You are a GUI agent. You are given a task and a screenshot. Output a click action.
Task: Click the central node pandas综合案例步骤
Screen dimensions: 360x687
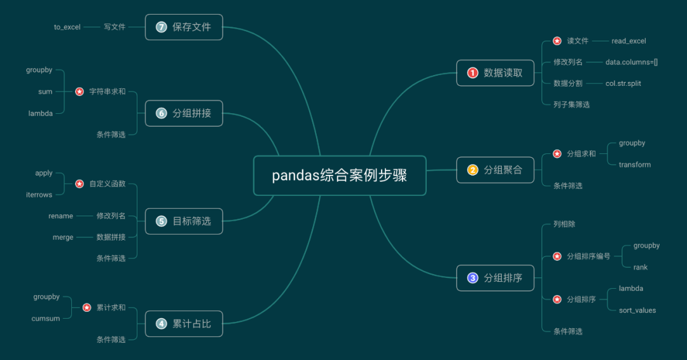pyautogui.click(x=340, y=176)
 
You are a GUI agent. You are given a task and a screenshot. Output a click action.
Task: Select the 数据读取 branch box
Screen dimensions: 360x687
pyautogui.click(x=496, y=73)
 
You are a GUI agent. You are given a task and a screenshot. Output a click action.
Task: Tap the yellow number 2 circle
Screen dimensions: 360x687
pyautogui.click(x=473, y=170)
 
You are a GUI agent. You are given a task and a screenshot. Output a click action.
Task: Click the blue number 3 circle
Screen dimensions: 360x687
pyautogui.click(x=473, y=278)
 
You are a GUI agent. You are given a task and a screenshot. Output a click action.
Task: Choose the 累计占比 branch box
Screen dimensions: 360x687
pyautogui.click(x=184, y=324)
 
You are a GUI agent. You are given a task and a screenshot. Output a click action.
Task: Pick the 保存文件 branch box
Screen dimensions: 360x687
pyautogui.click(x=184, y=27)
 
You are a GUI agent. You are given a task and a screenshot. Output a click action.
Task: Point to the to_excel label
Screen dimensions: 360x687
pyautogui.click(x=67, y=27)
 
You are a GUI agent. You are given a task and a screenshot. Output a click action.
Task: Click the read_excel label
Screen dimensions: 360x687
pyautogui.click(x=628, y=41)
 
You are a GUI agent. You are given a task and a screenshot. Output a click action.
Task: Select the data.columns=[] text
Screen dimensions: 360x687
pyautogui.click(x=632, y=62)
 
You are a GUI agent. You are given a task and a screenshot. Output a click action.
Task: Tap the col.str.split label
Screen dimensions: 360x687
pyautogui.click(x=623, y=83)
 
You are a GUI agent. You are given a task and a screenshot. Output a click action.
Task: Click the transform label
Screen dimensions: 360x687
pyautogui.click(x=635, y=165)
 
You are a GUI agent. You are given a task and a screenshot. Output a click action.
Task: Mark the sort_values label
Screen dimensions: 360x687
pyautogui.click(x=637, y=310)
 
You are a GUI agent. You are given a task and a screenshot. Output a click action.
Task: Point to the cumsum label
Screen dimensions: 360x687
pyautogui.click(x=46, y=319)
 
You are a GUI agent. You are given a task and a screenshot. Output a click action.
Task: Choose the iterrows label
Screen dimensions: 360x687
pyautogui.click(x=39, y=195)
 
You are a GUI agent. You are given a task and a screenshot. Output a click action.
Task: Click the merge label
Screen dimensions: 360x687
pyautogui.click(x=63, y=237)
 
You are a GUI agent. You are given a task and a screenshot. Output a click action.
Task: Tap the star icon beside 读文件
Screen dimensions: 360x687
pyautogui.click(x=557, y=41)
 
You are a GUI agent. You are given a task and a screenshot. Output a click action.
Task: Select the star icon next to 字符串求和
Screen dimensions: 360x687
pyautogui.click(x=80, y=92)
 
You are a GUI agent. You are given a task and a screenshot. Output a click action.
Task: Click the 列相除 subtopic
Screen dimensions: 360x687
pyautogui.click(x=564, y=225)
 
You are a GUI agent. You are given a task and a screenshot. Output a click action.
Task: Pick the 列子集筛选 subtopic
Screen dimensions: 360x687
pyautogui.click(x=571, y=104)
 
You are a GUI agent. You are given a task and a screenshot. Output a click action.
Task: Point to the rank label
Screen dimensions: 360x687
pyautogui.click(x=640, y=267)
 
